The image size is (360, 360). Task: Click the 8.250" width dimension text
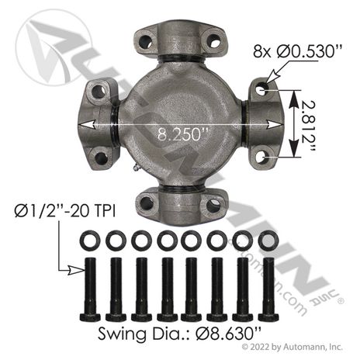pos(183,134)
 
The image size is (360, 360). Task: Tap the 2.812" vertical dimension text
pos(309,126)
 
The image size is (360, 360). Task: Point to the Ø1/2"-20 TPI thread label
pos(65,211)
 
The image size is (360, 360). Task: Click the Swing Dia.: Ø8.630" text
pos(179,333)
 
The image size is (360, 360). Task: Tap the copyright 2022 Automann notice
pos(292,347)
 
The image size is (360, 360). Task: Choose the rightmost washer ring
pos(268,241)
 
